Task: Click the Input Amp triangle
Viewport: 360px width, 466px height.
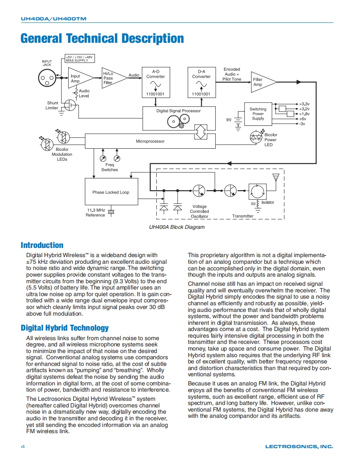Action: point(79,78)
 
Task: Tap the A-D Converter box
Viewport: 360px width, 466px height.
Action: point(155,82)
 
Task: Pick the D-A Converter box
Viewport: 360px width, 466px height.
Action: point(201,82)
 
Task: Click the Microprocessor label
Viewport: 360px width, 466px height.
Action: point(150,141)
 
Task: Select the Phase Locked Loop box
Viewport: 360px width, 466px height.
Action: point(111,192)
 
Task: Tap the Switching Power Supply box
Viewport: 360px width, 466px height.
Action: point(258,114)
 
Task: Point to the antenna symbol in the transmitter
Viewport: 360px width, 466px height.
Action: point(275,178)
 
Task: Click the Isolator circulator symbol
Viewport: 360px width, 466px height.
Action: point(256,191)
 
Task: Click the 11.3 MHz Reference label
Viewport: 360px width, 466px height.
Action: point(95,213)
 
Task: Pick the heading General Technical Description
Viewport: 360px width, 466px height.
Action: point(102,39)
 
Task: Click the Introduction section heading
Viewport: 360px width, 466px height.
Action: point(42,245)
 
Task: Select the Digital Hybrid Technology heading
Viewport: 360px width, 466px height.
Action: point(65,328)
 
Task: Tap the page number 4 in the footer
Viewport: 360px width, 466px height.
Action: point(22,446)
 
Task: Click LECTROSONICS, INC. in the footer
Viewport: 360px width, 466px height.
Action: point(299,446)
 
